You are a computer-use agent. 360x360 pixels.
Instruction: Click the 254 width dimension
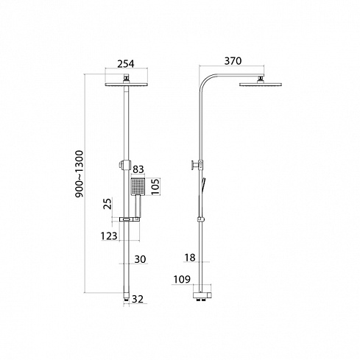[126, 64]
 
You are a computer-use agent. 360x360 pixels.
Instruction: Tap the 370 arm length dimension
[233, 61]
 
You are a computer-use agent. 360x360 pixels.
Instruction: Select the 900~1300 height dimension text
[80, 174]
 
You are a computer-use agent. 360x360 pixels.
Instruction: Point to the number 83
[138, 169]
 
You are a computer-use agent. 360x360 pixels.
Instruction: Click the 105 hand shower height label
[155, 187]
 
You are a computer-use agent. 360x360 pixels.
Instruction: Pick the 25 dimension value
[107, 203]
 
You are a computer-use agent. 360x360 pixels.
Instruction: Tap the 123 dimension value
[109, 236]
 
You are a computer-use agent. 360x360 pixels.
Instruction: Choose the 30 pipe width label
[140, 259]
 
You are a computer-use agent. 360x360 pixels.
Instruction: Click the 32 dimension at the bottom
[138, 299]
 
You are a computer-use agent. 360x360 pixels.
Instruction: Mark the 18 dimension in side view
[190, 258]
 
